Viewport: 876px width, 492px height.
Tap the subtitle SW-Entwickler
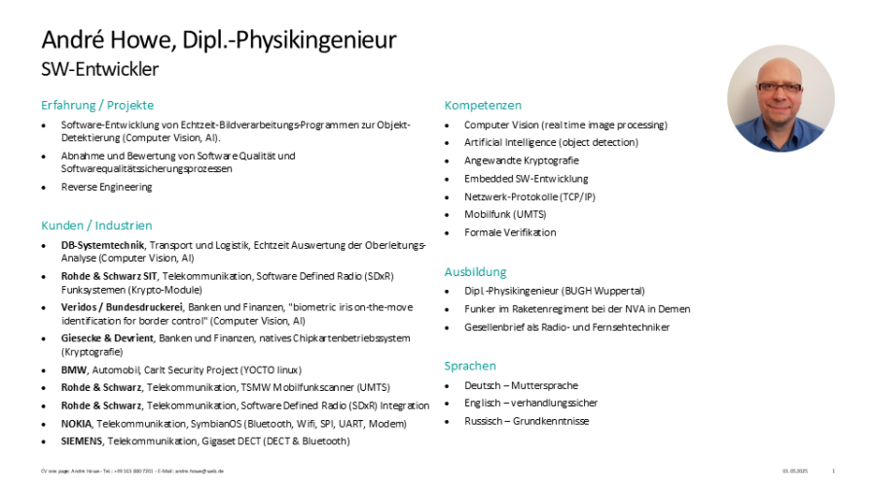pyautogui.click(x=99, y=69)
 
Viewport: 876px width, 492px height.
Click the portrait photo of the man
pyautogui.click(x=781, y=98)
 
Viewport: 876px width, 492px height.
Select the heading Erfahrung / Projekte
pyautogui.click(x=97, y=105)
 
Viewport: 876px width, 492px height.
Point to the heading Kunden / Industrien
pyautogui.click(x=96, y=226)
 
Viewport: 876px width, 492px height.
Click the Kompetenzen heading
pyautogui.click(x=483, y=105)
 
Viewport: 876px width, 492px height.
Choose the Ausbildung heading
pyautogui.click(x=476, y=272)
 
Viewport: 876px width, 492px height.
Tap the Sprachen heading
pyautogui.click(x=470, y=366)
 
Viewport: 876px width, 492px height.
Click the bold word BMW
pyautogui.click(x=74, y=370)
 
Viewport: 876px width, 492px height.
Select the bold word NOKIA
pyautogui.click(x=77, y=424)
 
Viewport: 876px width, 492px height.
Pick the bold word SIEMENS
pyautogui.click(x=82, y=441)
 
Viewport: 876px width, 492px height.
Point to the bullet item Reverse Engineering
pyautogui.click(x=106, y=187)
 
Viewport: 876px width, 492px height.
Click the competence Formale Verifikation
pyautogui.click(x=510, y=232)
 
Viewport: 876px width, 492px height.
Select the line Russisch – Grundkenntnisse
pyautogui.click(x=527, y=421)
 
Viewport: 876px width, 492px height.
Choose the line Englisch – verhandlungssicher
pyautogui.click(x=530, y=403)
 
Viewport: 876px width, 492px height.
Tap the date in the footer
pyautogui.click(x=795, y=471)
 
